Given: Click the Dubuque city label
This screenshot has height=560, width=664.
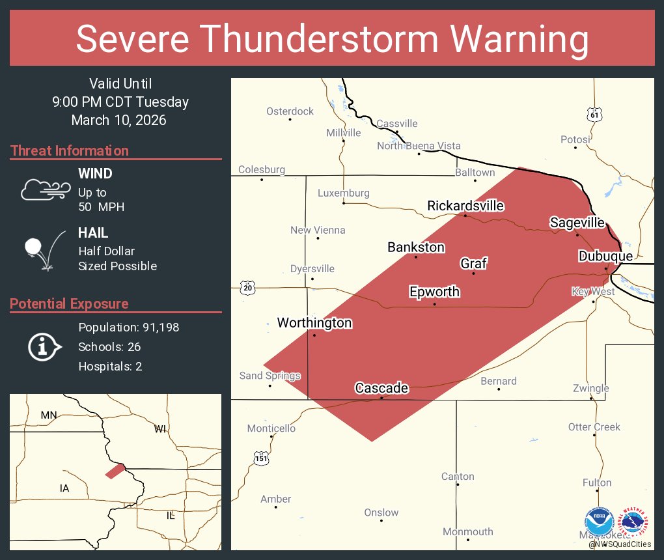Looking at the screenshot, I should (x=605, y=257).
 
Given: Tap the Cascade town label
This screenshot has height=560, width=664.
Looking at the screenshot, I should (x=381, y=388).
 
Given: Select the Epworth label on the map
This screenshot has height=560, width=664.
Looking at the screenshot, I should (x=434, y=292).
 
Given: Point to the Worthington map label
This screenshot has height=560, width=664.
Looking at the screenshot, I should (x=314, y=323).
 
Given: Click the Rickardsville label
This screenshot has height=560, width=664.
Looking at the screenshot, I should (x=465, y=206).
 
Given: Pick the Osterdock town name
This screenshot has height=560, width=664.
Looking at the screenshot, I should (x=290, y=111).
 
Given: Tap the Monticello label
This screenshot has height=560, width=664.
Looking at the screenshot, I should (x=271, y=428).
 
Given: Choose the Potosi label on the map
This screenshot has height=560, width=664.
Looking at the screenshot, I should (x=575, y=139).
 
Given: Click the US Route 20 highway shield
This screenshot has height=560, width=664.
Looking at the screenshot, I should (x=248, y=287).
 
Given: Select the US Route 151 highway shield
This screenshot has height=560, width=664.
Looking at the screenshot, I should (x=261, y=458).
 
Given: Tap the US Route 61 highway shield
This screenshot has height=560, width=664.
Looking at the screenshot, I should (x=594, y=115).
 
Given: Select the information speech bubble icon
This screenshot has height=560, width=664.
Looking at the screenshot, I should (x=44, y=347).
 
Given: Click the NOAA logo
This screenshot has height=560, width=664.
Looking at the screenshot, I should (x=599, y=523).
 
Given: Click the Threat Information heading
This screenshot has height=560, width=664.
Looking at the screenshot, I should (x=70, y=151).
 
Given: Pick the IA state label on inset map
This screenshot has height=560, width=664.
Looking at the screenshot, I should (x=64, y=488).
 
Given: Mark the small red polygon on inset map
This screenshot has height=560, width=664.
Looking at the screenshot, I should (x=115, y=470).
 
